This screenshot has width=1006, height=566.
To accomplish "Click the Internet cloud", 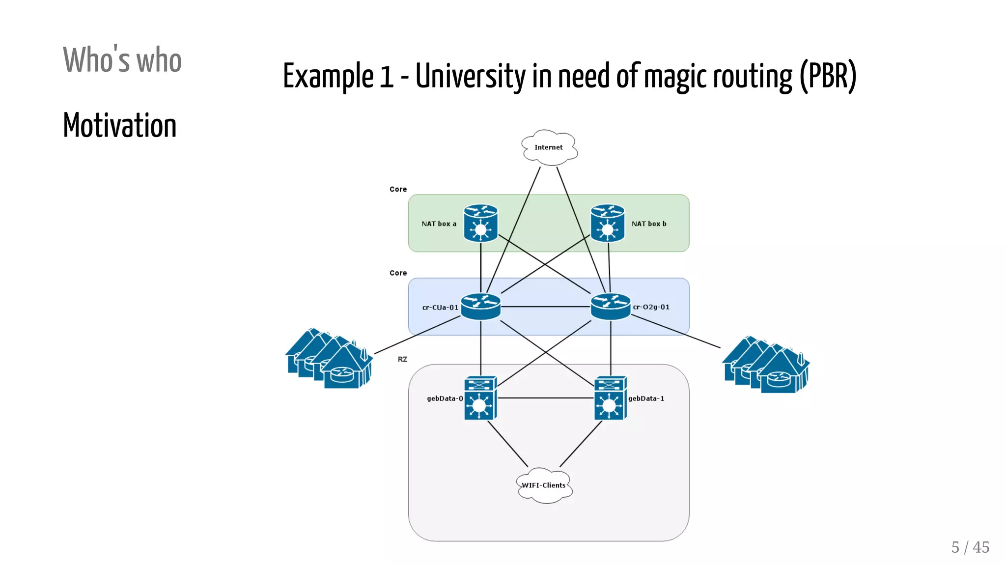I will click(x=549, y=147).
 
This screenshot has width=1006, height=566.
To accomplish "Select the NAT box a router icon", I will click(x=480, y=224).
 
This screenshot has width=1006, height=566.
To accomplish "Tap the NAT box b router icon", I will click(x=608, y=224).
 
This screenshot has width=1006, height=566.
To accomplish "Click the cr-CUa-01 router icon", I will click(x=480, y=307).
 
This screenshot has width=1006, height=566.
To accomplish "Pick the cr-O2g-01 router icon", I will click(x=611, y=307).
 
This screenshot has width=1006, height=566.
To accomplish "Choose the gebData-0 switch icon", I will click(x=480, y=398).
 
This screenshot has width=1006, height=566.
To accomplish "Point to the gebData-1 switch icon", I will click(x=611, y=398).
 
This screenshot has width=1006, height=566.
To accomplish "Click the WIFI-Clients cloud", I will click(x=544, y=485).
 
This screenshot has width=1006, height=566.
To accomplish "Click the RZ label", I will click(x=402, y=359).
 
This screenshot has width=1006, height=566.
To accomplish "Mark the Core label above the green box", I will click(x=398, y=189).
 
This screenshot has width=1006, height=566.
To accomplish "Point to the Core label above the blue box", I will click(x=398, y=273).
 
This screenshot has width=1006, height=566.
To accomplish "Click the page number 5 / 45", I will click(x=970, y=547).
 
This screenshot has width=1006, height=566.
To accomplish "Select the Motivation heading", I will click(x=120, y=125).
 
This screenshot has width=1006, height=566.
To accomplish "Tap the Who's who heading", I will click(x=122, y=60).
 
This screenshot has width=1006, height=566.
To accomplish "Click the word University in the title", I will click(x=470, y=77).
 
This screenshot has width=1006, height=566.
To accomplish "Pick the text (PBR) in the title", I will click(x=828, y=77).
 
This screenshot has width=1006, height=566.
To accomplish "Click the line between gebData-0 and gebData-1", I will click(x=545, y=398).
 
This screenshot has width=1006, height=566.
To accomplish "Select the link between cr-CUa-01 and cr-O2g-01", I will click(x=545, y=307).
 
